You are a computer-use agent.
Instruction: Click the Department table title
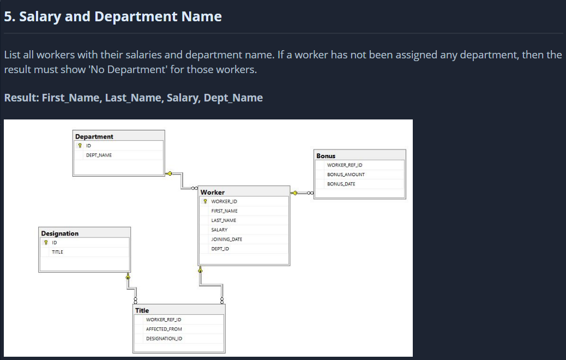click(x=94, y=136)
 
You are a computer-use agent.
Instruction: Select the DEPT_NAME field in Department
click(x=99, y=155)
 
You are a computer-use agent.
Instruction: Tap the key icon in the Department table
click(x=80, y=146)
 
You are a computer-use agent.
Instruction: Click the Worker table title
click(x=212, y=192)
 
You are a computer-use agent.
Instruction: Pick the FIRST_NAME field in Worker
click(x=224, y=211)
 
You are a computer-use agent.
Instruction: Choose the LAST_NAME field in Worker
click(x=224, y=220)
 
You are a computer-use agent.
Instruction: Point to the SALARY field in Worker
click(x=219, y=230)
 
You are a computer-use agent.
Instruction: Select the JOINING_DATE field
click(x=226, y=239)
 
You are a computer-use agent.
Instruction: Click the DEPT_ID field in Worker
click(x=220, y=249)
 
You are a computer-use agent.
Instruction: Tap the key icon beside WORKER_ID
click(x=205, y=202)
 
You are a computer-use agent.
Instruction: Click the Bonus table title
click(x=326, y=156)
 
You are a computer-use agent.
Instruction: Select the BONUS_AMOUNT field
click(x=346, y=175)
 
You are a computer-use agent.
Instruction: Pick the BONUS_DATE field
click(x=341, y=184)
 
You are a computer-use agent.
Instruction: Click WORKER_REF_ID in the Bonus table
click(x=345, y=165)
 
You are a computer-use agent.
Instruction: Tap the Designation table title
click(x=60, y=233)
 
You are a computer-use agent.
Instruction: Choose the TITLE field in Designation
click(x=57, y=252)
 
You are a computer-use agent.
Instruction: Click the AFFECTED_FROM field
click(x=164, y=329)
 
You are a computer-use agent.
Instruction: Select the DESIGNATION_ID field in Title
click(x=164, y=339)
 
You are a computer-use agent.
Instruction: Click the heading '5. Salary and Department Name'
click(x=113, y=16)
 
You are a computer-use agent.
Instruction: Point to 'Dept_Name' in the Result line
click(x=233, y=98)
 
